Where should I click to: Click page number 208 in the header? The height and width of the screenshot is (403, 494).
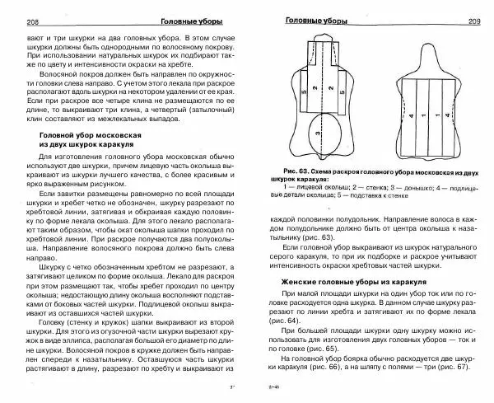tap(12, 20)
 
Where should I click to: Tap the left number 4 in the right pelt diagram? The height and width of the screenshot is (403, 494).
tap(411, 115)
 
